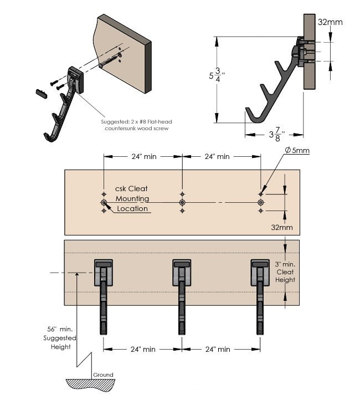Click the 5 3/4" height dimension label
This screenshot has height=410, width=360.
(217, 75)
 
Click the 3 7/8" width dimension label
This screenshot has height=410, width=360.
(277, 135)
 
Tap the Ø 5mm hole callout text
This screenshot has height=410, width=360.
(297, 150)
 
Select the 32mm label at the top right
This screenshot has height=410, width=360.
(330, 22)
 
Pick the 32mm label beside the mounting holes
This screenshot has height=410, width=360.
(282, 227)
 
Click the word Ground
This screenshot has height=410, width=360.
(103, 375)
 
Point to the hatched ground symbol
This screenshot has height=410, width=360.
(90, 385)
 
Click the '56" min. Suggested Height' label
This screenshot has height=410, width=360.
(60, 338)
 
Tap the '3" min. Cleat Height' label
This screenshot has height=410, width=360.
(285, 272)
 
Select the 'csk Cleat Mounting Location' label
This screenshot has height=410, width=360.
(132, 198)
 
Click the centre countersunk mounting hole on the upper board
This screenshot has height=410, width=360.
(182, 202)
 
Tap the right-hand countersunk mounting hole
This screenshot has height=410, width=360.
(261, 202)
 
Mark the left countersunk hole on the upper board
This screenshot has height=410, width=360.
(104, 202)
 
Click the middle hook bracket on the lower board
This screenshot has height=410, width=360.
(182, 297)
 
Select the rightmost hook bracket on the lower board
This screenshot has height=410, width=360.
(260, 297)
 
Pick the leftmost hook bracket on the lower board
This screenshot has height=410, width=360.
(104, 297)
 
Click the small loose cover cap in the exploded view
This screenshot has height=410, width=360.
(42, 93)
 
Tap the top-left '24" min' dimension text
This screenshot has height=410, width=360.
(144, 156)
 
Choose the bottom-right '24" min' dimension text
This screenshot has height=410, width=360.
(218, 349)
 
